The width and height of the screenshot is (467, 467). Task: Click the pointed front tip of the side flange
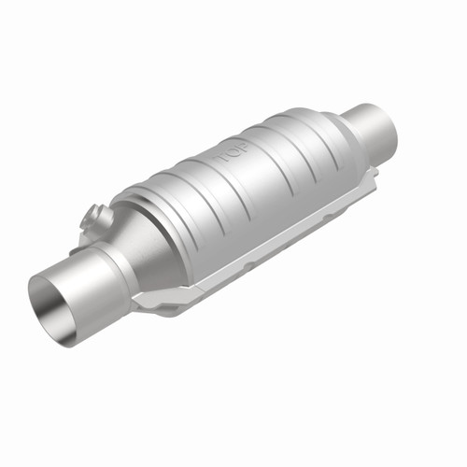[137, 304]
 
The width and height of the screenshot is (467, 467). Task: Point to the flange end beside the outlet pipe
[370, 173]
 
